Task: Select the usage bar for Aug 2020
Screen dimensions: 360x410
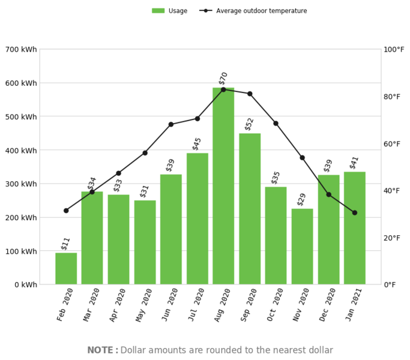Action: (x=223, y=186)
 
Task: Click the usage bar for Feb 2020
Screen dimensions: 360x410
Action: (x=66, y=268)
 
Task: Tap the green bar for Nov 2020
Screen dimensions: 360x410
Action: (x=302, y=246)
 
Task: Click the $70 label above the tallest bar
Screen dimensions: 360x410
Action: (x=223, y=79)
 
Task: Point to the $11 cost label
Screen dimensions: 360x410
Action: (x=65, y=243)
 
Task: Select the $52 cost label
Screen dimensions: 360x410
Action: (x=250, y=124)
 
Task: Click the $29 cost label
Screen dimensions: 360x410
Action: (x=302, y=199)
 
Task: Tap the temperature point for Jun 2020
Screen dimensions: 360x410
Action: (x=171, y=124)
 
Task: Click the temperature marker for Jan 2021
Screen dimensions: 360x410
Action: (x=355, y=212)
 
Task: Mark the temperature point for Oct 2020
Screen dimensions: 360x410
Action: (x=276, y=123)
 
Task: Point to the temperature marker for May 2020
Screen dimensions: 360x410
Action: (x=145, y=153)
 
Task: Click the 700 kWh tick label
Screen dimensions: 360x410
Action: (x=21, y=49)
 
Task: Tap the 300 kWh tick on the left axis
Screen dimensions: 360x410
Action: (x=21, y=184)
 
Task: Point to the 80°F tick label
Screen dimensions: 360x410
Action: (x=391, y=97)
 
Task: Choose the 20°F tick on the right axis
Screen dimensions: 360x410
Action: (x=391, y=238)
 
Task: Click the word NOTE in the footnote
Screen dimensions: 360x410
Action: (x=101, y=350)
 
